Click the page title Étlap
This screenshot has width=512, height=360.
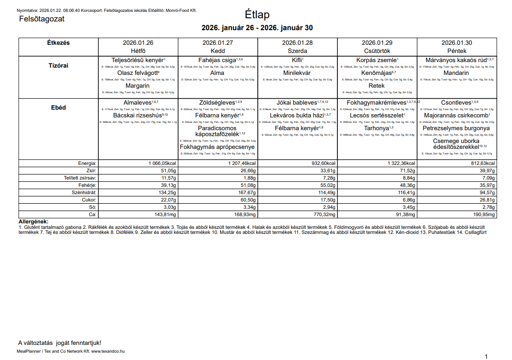(257, 14)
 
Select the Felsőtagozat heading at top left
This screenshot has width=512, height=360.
(42, 19)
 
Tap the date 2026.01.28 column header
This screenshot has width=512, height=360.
(297, 43)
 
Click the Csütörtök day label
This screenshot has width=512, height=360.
(377, 51)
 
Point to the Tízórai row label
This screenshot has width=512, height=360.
(58, 65)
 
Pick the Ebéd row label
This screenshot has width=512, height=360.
(58, 108)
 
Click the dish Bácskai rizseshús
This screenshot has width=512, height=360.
(137, 116)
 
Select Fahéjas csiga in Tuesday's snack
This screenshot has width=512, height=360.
(217, 60)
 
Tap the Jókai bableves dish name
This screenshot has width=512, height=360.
(296, 103)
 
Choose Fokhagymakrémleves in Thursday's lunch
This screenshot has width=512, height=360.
(376, 103)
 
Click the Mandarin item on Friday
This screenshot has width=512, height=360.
(456, 73)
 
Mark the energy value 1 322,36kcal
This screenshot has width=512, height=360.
(398, 163)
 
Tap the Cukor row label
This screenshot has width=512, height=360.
(89, 200)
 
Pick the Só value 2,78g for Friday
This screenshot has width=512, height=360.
(487, 207)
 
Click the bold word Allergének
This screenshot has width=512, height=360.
(33, 222)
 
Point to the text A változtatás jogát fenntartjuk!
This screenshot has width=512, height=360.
(59, 343)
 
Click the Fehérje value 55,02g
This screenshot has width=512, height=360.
(325, 185)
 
